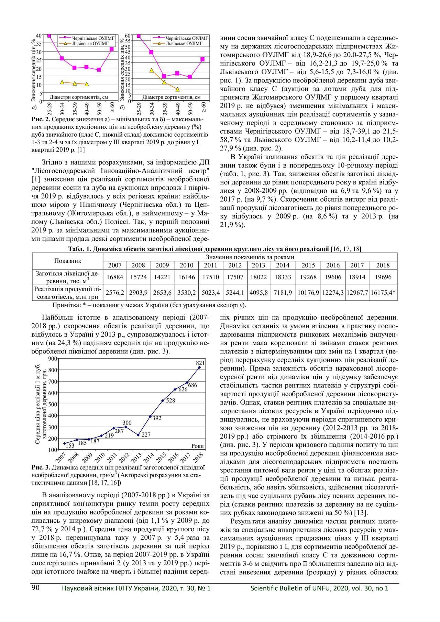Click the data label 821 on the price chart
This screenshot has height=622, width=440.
pyautogui.click(x=200, y=363)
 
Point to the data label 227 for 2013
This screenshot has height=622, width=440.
pyautogui.click(x=146, y=435)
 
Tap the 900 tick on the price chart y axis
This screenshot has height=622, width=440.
pyautogui.click(x=52, y=359)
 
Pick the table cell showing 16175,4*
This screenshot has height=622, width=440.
pyautogui.click(x=383, y=293)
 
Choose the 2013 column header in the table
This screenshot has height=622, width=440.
pyautogui.click(x=258, y=265)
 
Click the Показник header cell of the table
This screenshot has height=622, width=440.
pyautogui.click(x=67, y=261)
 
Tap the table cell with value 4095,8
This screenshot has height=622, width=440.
pyautogui.click(x=258, y=293)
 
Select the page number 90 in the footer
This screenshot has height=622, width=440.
pyautogui.click(x=36, y=588)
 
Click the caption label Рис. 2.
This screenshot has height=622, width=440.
pyautogui.click(x=41, y=119)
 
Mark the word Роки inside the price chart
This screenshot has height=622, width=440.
pyautogui.click(x=197, y=446)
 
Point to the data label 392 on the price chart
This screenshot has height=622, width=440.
pyautogui.click(x=157, y=418)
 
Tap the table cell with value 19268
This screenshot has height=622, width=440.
pyautogui.click(x=308, y=277)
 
